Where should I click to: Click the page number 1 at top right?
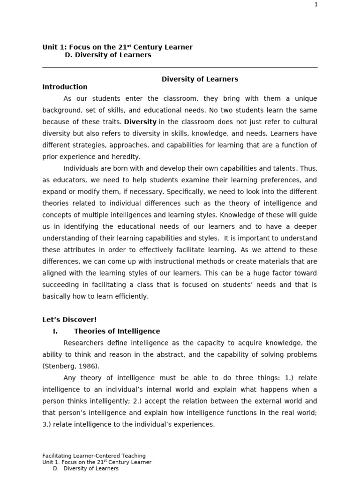click(316, 5)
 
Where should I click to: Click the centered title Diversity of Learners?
click(200, 79)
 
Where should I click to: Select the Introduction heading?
click(65, 87)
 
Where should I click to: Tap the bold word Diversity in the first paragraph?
click(140, 122)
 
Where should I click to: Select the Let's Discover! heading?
click(69, 320)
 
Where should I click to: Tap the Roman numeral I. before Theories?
click(55, 331)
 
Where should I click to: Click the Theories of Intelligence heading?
click(117, 331)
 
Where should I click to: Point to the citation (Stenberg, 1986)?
click(70, 366)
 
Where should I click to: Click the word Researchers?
click(83, 343)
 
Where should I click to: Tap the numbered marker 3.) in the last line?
click(48, 424)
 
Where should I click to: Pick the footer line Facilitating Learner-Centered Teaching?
click(94, 456)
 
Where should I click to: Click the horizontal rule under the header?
click(180, 67)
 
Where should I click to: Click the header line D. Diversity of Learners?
click(108, 55)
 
